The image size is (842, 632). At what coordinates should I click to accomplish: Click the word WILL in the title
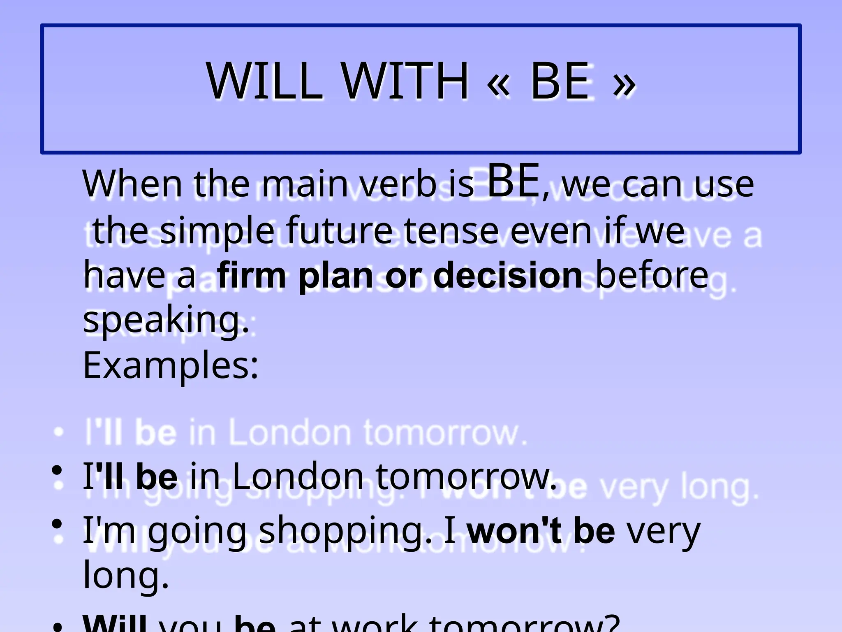pyautogui.click(x=265, y=81)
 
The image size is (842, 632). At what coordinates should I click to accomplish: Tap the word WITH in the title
pyautogui.click(x=405, y=81)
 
